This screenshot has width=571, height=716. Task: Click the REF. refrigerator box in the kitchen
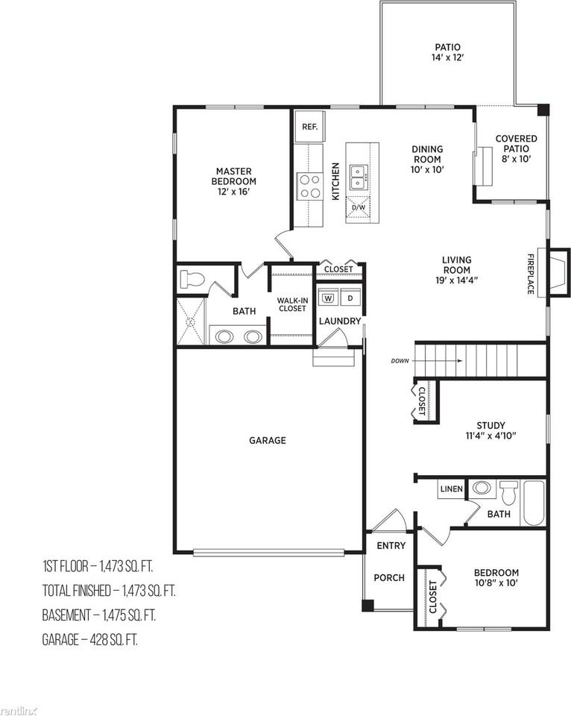(x=309, y=127)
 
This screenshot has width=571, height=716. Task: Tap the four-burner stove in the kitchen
(x=309, y=186)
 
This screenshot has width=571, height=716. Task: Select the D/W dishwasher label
(x=359, y=207)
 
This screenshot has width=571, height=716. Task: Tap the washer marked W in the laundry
(x=329, y=298)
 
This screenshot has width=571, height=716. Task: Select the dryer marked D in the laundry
(x=350, y=298)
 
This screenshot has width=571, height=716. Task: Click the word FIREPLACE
(x=531, y=274)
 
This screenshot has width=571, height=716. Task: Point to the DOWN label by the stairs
(x=400, y=361)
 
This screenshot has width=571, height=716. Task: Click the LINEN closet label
(x=452, y=489)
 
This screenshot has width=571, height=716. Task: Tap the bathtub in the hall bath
(x=534, y=503)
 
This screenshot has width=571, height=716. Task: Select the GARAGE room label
(x=268, y=440)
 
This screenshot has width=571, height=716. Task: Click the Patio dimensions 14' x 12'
(x=448, y=57)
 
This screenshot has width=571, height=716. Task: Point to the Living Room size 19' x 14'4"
(x=456, y=280)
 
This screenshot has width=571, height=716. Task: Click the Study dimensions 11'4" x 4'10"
(x=490, y=436)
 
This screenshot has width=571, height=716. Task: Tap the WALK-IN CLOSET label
(x=292, y=304)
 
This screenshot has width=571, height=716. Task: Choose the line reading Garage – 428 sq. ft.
(x=90, y=639)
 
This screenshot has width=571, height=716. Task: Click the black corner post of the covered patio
(x=543, y=110)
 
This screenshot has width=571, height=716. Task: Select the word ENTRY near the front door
(x=391, y=545)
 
